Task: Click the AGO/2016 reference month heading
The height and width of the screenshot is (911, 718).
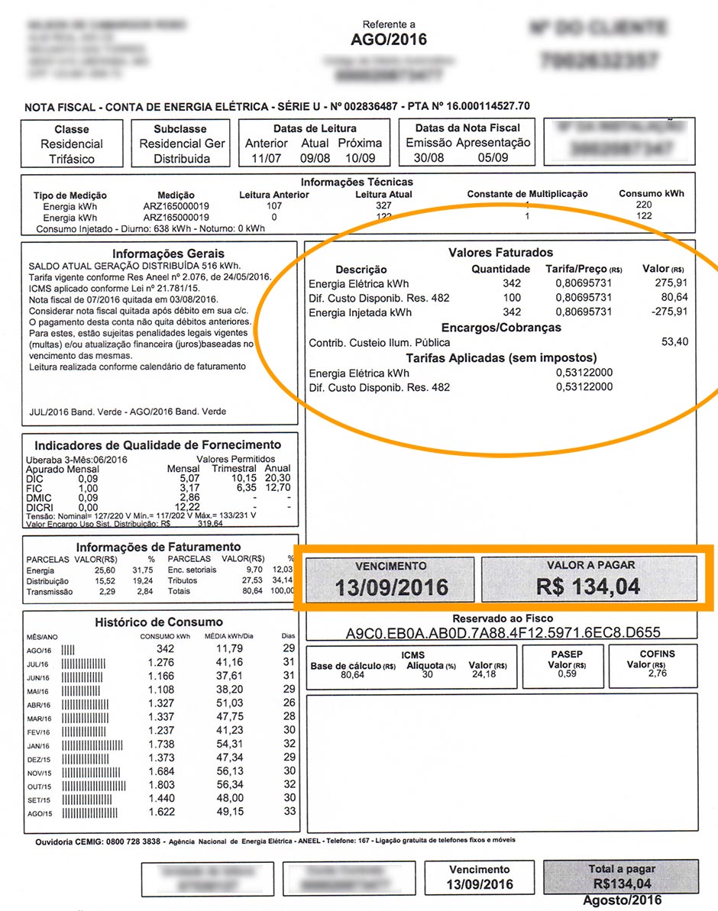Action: tap(389, 40)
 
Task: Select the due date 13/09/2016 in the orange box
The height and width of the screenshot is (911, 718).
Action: tap(391, 588)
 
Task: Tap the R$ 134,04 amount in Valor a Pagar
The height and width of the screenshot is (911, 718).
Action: tap(588, 587)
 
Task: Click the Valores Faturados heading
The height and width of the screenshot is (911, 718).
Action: tap(500, 252)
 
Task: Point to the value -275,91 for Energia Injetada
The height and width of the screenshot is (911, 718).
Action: tap(668, 312)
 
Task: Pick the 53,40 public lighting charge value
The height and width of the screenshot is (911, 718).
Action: tap(674, 341)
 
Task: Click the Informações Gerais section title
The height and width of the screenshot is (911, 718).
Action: tap(168, 254)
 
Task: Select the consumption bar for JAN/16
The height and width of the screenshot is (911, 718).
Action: tap(92, 745)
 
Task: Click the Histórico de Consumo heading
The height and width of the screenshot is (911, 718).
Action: tap(159, 622)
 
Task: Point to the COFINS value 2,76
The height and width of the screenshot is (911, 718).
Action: tap(657, 674)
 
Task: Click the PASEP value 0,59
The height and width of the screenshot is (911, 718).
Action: tap(567, 674)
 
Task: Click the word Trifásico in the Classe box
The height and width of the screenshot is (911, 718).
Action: tap(71, 159)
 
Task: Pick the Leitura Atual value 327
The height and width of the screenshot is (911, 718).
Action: tap(383, 206)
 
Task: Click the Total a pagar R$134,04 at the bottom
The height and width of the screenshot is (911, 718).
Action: tap(622, 884)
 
